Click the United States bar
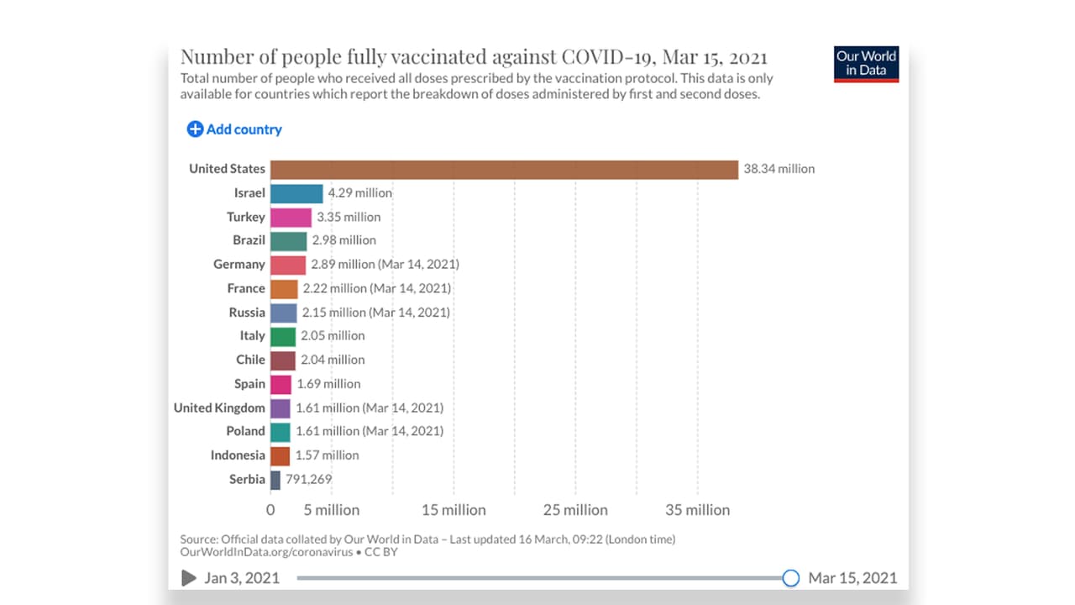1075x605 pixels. tap(504, 169)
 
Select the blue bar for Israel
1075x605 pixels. tap(296, 193)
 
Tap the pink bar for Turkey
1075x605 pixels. tap(291, 217)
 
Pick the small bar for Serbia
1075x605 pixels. tap(275, 480)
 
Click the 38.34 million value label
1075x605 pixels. tap(779, 169)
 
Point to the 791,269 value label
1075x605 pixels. tap(308, 480)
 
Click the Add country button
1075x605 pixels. tap(234, 129)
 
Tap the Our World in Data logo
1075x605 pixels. tap(866, 64)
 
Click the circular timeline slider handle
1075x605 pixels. tap(790, 578)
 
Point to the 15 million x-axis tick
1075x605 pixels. tap(454, 510)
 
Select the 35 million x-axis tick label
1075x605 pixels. tap(697, 510)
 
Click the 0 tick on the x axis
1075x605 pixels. tap(270, 510)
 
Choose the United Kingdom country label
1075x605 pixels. tap(219, 408)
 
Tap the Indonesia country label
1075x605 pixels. tap(238, 455)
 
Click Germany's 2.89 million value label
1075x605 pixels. tap(385, 264)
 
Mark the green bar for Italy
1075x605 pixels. tap(283, 336)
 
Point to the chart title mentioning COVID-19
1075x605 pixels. tap(474, 57)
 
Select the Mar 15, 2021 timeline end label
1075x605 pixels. tap(852, 578)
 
